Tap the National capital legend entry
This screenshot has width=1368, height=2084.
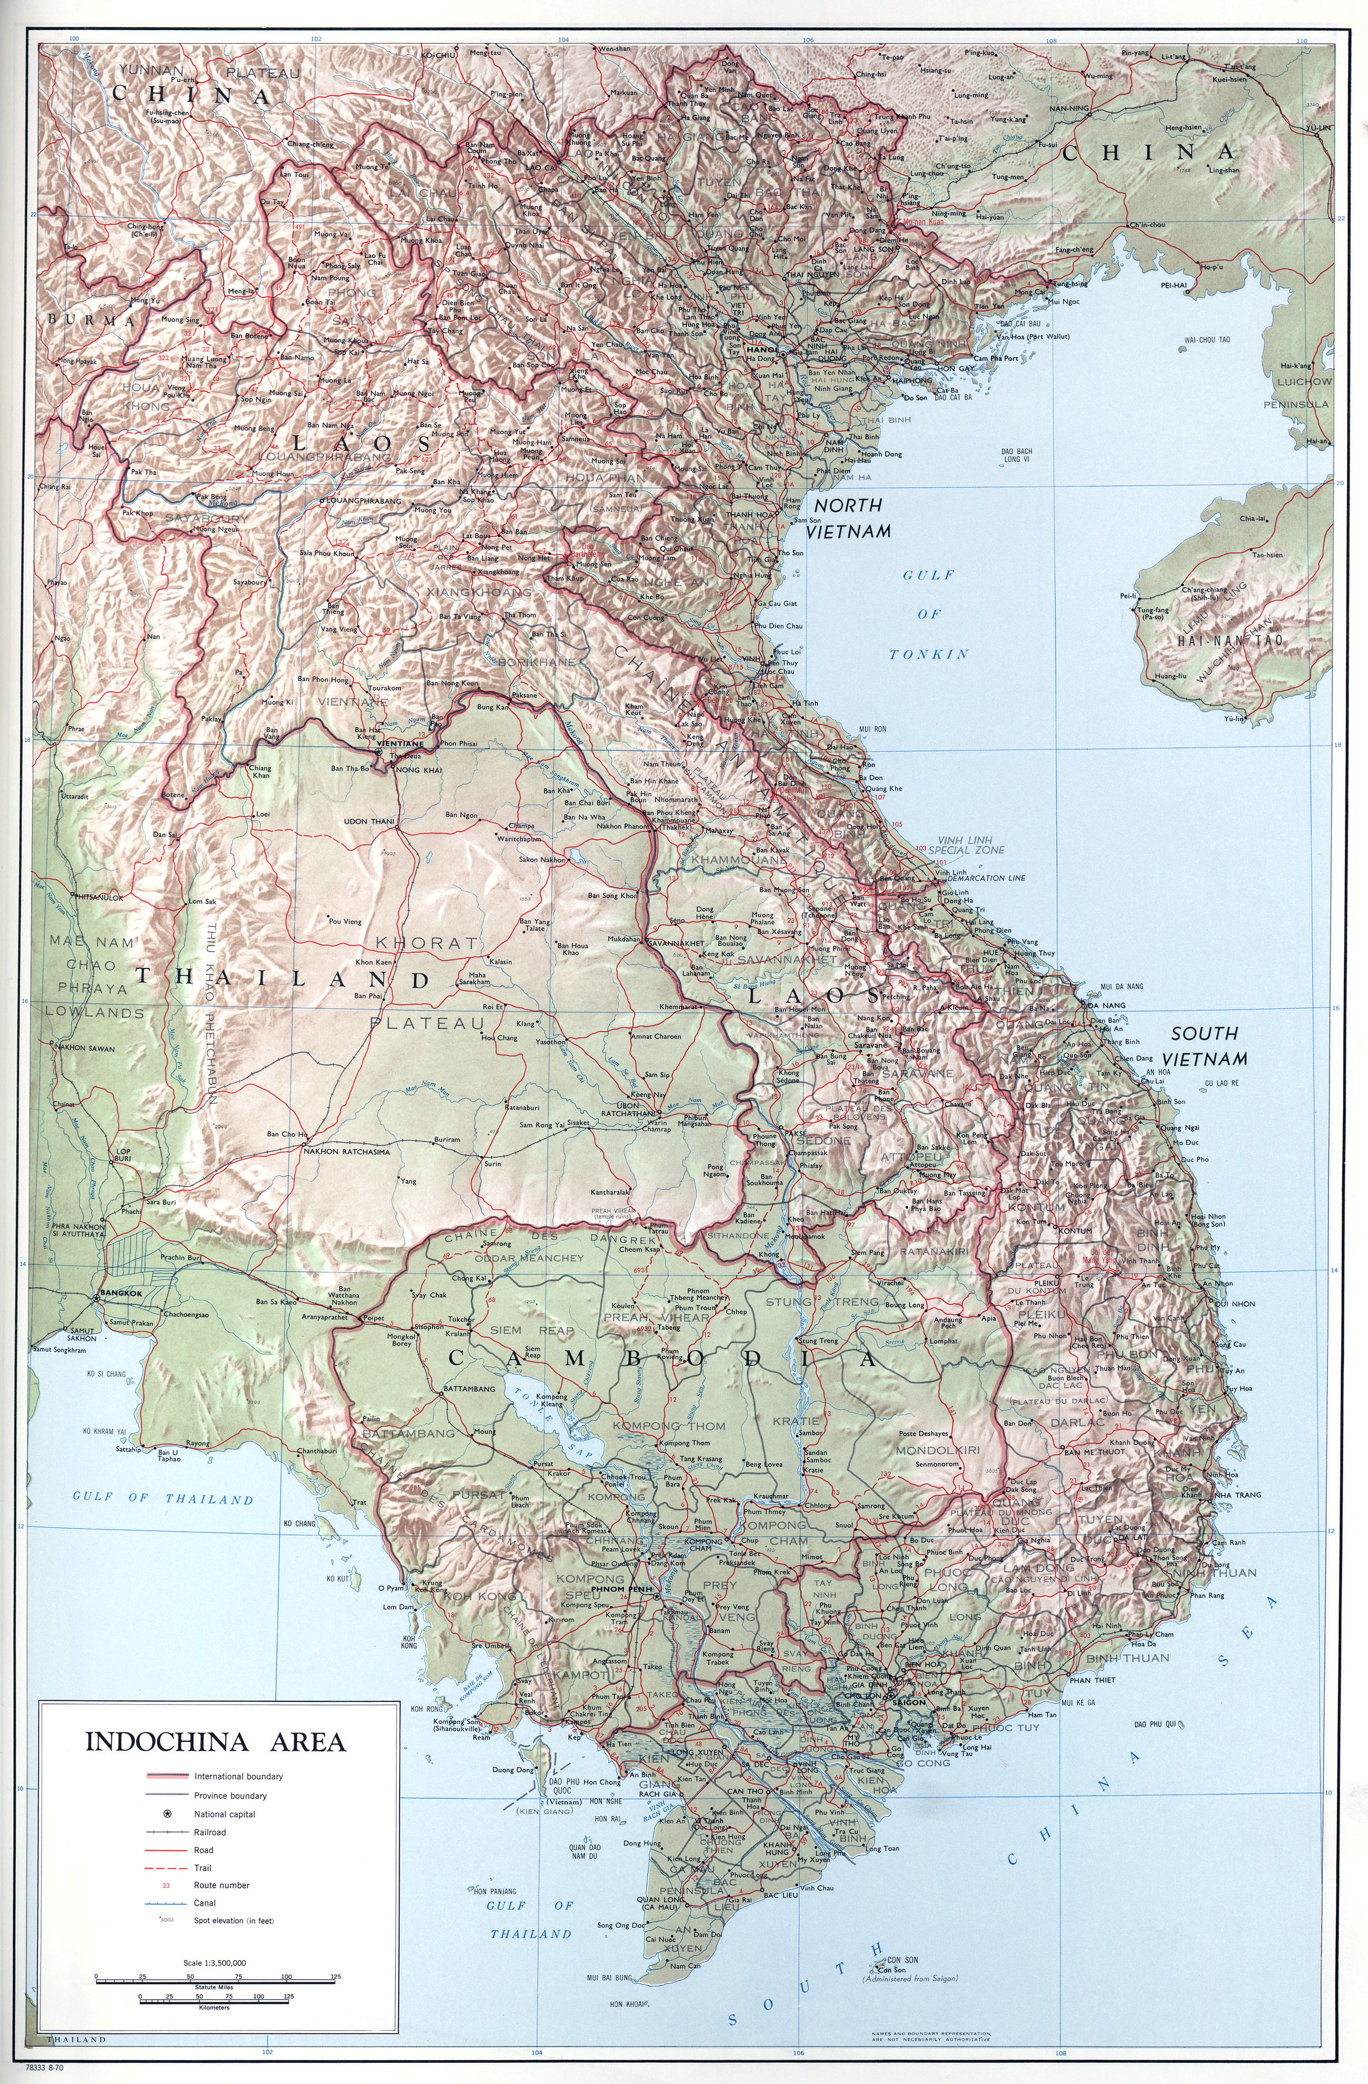click(x=224, y=1814)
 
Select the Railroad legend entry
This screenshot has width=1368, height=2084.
click(x=210, y=1832)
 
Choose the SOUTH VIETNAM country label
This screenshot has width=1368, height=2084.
click(x=1209, y=1046)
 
